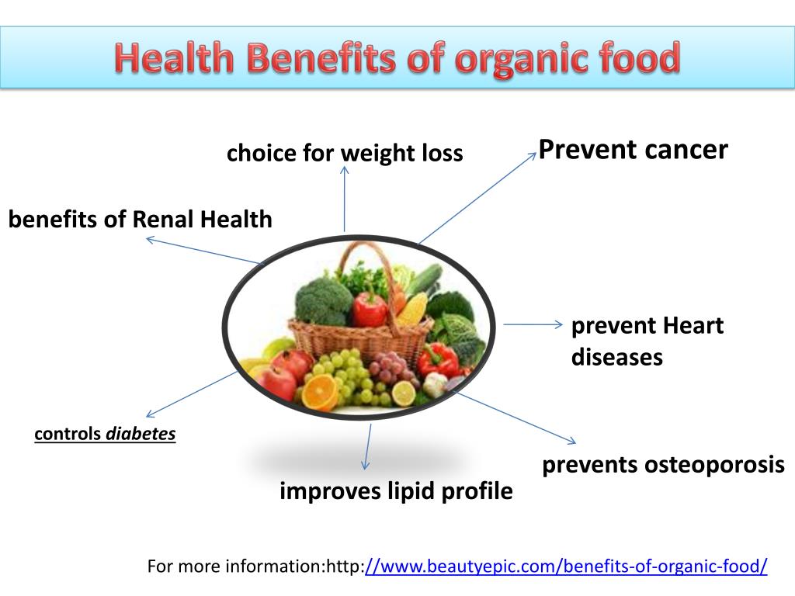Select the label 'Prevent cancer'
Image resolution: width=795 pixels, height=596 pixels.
point(634,149)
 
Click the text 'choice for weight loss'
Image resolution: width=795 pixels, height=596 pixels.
point(345,153)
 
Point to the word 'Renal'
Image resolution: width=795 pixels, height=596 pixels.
point(164,220)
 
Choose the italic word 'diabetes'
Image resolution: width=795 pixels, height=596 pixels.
point(141,434)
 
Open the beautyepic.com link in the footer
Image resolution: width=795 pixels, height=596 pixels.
point(566,567)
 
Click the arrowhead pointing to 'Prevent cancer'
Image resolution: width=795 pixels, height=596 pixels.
point(533,155)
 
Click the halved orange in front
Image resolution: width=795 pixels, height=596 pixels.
point(321,391)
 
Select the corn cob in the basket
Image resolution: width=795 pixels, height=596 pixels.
point(413,308)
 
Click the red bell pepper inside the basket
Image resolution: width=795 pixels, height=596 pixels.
point(370,308)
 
